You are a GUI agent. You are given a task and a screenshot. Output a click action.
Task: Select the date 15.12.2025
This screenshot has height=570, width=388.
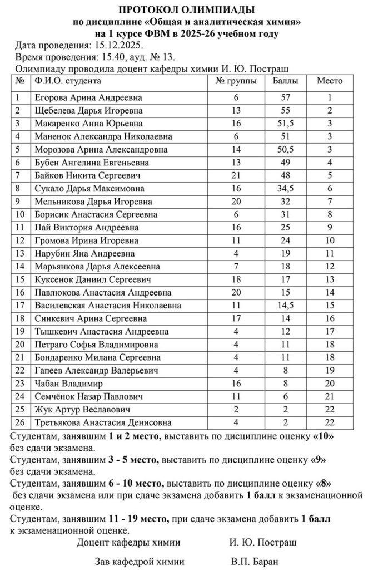click(119, 45)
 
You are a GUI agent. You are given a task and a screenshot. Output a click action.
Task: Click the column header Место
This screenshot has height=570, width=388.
click(330, 81)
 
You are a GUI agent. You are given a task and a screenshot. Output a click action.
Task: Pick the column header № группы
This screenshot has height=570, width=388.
click(236, 81)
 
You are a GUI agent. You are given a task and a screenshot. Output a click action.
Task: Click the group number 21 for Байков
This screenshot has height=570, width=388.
click(236, 175)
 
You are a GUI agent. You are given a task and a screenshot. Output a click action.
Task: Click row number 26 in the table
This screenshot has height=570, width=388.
click(21, 422)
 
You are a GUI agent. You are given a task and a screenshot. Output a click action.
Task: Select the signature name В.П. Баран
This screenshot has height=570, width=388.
click(255, 561)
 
